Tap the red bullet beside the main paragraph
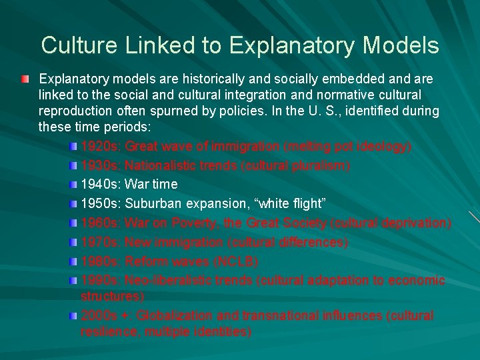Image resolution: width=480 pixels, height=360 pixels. coord(25,80)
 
